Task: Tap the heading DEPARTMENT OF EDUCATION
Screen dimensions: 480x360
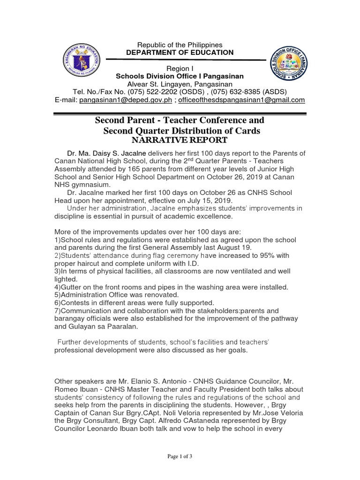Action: (180, 52)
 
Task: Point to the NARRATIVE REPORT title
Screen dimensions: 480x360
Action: (180, 140)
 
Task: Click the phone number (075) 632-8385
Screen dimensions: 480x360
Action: (223, 91)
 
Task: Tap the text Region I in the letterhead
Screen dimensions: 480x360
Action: (180, 68)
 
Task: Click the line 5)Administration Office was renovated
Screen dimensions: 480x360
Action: (117, 295)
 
